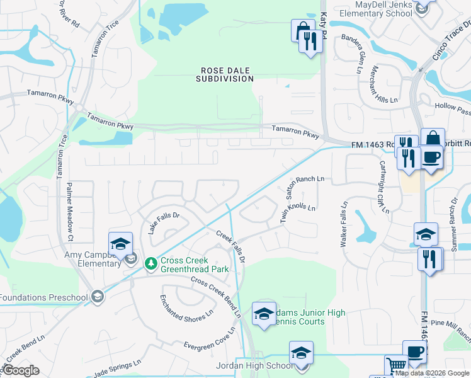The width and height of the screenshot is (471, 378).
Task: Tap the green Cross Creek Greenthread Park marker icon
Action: [x=150, y=263]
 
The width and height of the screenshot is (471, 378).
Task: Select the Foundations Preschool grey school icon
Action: [x=97, y=296]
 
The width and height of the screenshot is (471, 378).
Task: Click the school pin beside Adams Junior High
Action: [x=264, y=314]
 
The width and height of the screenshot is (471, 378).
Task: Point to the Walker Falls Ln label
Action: [x=344, y=224]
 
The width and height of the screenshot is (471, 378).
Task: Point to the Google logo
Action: [x=21, y=370]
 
